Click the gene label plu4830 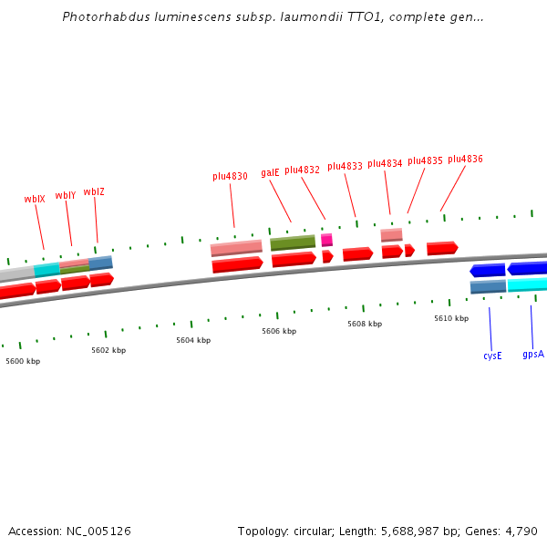coord(230,176)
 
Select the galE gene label coord(270,172)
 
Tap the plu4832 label coord(302,170)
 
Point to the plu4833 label coord(345,166)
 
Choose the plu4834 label coord(385,163)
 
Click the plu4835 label coord(425,160)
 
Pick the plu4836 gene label coord(465,159)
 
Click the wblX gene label coord(35,199)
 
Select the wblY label coord(66,195)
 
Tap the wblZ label coord(94,191)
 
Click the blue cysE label coord(492,356)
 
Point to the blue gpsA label coord(533,353)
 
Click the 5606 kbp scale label coord(279,331)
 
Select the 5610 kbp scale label coord(451,318)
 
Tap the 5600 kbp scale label coord(23,361)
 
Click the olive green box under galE coord(293,243)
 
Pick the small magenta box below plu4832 coord(326,240)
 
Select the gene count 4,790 coord(521,531)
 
